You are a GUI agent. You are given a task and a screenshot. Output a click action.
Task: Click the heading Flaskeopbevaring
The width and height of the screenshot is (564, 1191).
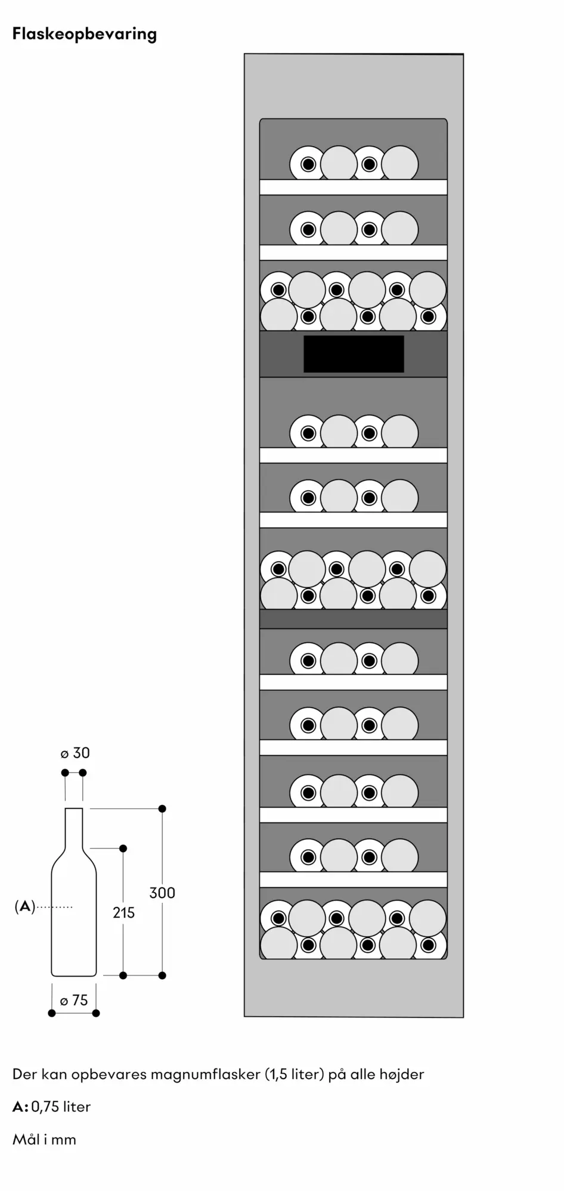point(85,35)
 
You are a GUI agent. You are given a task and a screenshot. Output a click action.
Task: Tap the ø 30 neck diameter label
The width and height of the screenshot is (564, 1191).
point(75,753)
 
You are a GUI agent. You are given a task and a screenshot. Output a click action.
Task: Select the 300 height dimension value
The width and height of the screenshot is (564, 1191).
point(162,893)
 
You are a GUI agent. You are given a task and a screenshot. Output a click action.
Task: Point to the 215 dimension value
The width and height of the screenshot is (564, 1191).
point(124,912)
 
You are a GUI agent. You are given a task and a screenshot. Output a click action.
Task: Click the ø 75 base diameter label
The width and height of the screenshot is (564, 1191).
point(74,1000)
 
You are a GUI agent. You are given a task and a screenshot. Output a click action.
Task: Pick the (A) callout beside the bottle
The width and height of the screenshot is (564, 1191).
point(24,907)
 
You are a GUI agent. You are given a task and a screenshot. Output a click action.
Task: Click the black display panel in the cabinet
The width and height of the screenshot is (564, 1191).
point(354,354)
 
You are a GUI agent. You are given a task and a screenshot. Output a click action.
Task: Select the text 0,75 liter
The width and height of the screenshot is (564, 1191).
point(61,1107)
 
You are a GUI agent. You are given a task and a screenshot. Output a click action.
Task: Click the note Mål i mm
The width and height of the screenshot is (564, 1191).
point(44,1139)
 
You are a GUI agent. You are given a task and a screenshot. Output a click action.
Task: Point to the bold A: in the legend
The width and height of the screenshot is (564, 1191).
point(20,1107)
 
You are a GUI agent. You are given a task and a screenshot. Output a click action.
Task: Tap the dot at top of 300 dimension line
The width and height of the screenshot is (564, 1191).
point(162,809)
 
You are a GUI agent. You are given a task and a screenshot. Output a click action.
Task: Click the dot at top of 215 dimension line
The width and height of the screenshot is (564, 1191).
point(123,848)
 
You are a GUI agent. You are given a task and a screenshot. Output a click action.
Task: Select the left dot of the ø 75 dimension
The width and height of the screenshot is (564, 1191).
point(52,1013)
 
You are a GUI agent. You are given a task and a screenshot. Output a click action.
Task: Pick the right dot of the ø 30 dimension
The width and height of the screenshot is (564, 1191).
point(83,773)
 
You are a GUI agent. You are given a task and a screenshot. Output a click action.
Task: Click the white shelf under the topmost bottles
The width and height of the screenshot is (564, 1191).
point(354,187)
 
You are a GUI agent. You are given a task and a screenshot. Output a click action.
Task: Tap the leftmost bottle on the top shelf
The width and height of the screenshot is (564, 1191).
point(308,164)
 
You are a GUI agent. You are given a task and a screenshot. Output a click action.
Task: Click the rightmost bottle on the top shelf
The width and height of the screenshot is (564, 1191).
point(399,163)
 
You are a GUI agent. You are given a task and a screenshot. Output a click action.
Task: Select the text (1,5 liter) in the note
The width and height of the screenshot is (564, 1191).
point(295,1075)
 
